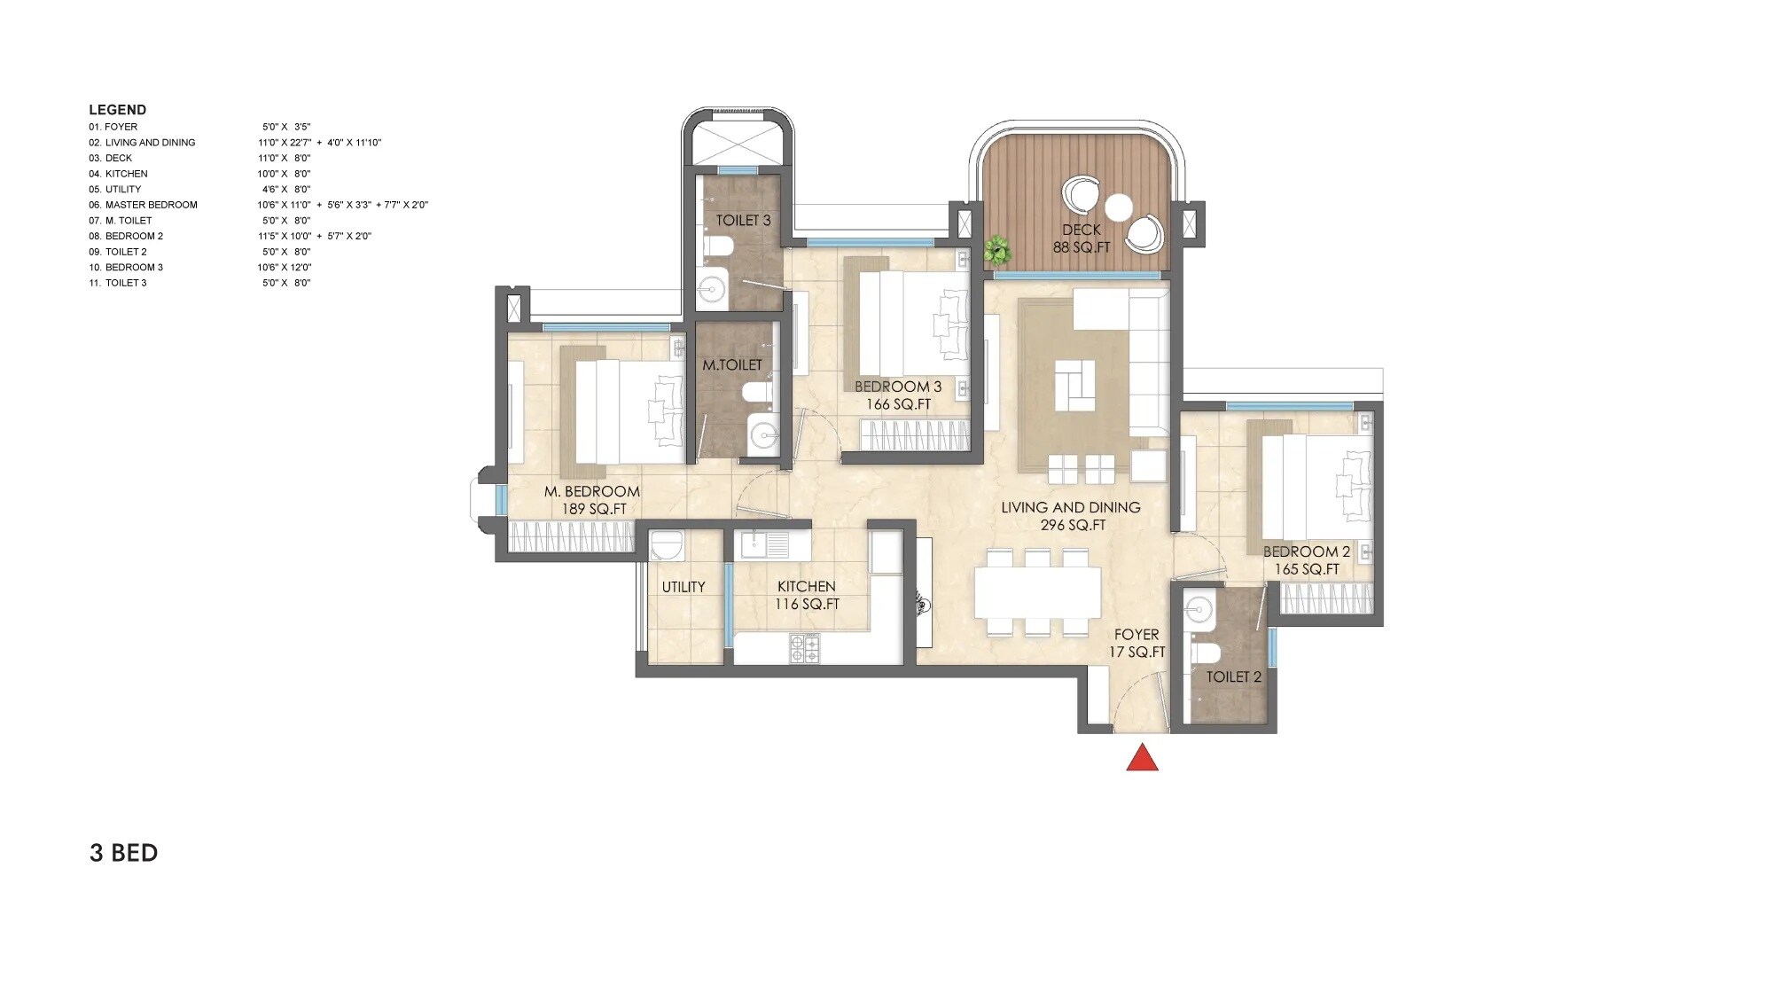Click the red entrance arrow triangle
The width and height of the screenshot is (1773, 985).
[1142, 758]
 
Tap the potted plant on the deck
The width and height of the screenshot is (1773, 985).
[997, 251]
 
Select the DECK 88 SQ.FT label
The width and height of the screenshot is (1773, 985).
[1081, 238]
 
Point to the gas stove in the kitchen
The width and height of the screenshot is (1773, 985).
[805, 648]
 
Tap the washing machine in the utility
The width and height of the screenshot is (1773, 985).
[666, 544]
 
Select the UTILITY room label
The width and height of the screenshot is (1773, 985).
[683, 587]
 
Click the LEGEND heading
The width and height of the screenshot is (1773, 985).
[117, 110]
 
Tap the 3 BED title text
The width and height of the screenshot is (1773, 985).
[123, 853]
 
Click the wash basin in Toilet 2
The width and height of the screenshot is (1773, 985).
[1199, 610]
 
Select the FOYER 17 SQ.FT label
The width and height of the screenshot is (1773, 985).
[1136, 643]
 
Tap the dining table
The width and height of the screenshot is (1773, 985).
[1037, 592]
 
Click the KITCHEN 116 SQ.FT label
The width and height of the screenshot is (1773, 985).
[806, 595]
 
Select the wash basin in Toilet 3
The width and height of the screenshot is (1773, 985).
[710, 287]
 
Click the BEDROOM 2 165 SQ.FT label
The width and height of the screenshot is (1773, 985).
[1306, 560]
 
